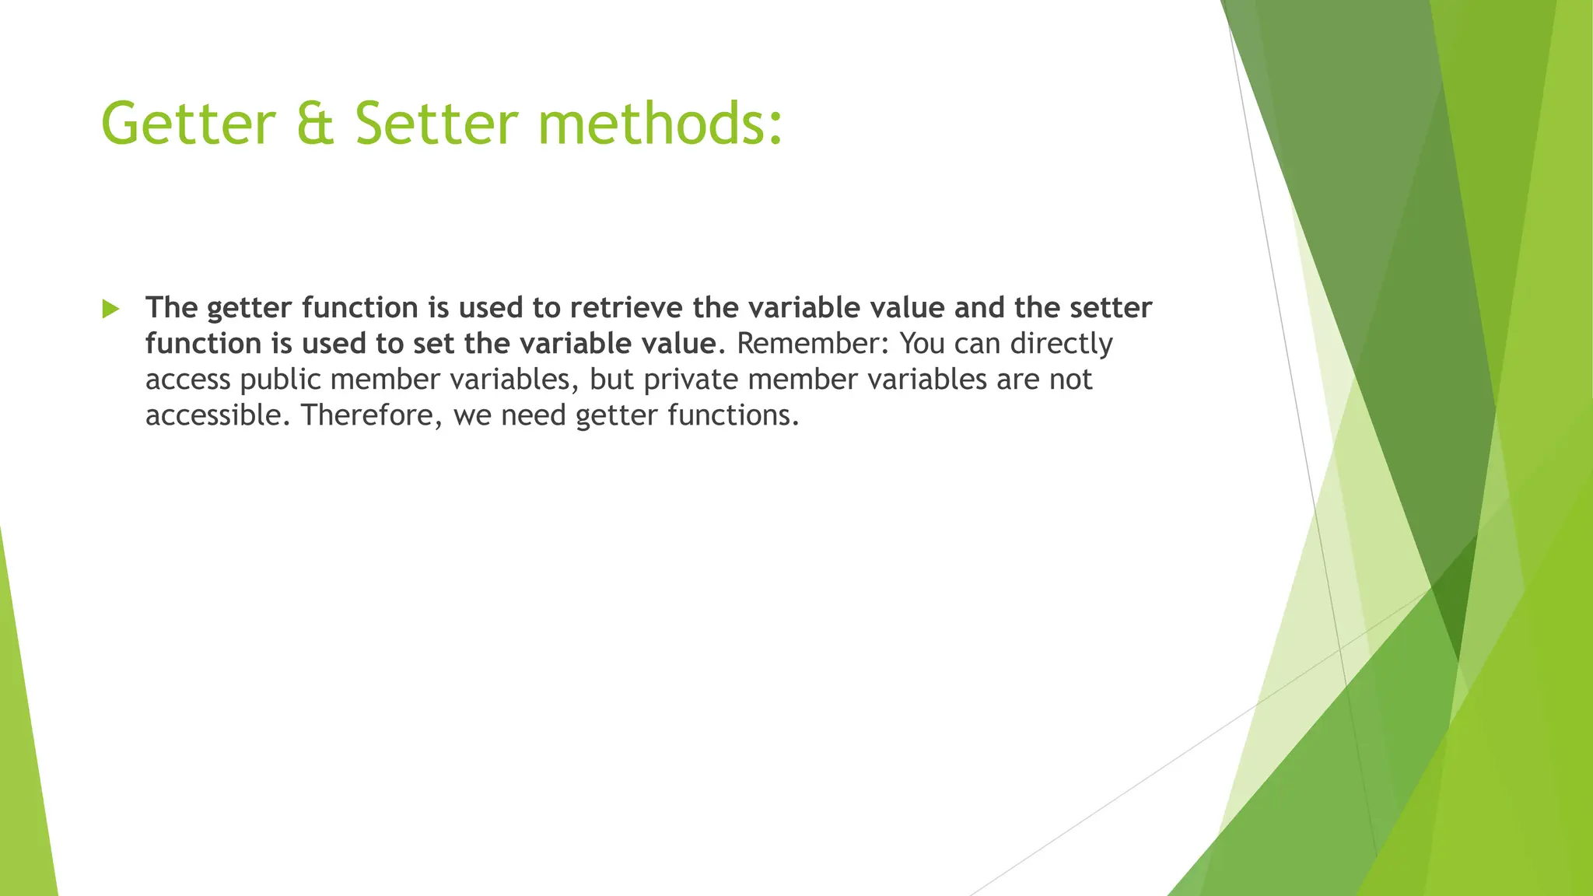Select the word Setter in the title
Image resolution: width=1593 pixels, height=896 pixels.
[x=436, y=124]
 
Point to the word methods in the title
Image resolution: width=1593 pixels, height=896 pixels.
[x=659, y=124]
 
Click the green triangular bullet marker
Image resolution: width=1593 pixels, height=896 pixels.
[x=110, y=309]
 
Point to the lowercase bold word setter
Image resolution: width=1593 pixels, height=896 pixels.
[x=1111, y=308]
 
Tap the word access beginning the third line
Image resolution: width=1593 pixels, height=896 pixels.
[x=187, y=380]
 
